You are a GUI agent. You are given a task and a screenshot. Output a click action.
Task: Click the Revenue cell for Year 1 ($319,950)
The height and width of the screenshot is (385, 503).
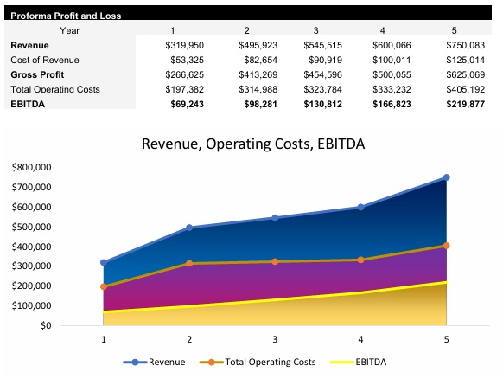(x=182, y=45)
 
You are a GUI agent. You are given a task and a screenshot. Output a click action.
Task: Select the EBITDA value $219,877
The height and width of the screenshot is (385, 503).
(x=465, y=104)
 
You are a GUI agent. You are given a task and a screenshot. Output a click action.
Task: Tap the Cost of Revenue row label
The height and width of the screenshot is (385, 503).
(x=45, y=60)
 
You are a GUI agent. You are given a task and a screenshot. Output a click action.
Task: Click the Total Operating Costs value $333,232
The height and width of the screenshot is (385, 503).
(x=393, y=89)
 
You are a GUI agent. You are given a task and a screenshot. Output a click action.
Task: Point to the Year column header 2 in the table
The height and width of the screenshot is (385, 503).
(x=246, y=30)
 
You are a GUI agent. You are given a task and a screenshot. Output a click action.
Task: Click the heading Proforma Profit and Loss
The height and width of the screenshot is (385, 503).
(x=66, y=16)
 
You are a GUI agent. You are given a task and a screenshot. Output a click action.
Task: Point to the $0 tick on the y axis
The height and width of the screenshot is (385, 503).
(x=45, y=326)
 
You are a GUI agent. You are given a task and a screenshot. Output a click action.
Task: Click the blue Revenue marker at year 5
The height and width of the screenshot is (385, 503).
(x=447, y=177)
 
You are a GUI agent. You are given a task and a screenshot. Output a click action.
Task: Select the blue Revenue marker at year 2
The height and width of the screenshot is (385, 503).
(x=189, y=228)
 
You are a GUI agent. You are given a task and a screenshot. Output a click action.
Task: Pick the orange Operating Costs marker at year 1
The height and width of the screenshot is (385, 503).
(x=104, y=286)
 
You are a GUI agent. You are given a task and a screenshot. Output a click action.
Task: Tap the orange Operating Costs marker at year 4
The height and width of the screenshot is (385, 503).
(x=361, y=260)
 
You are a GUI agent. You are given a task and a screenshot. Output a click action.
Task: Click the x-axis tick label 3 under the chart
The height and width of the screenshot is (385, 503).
(x=275, y=340)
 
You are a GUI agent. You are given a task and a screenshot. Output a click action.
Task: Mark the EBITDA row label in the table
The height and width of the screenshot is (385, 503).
(x=29, y=104)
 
